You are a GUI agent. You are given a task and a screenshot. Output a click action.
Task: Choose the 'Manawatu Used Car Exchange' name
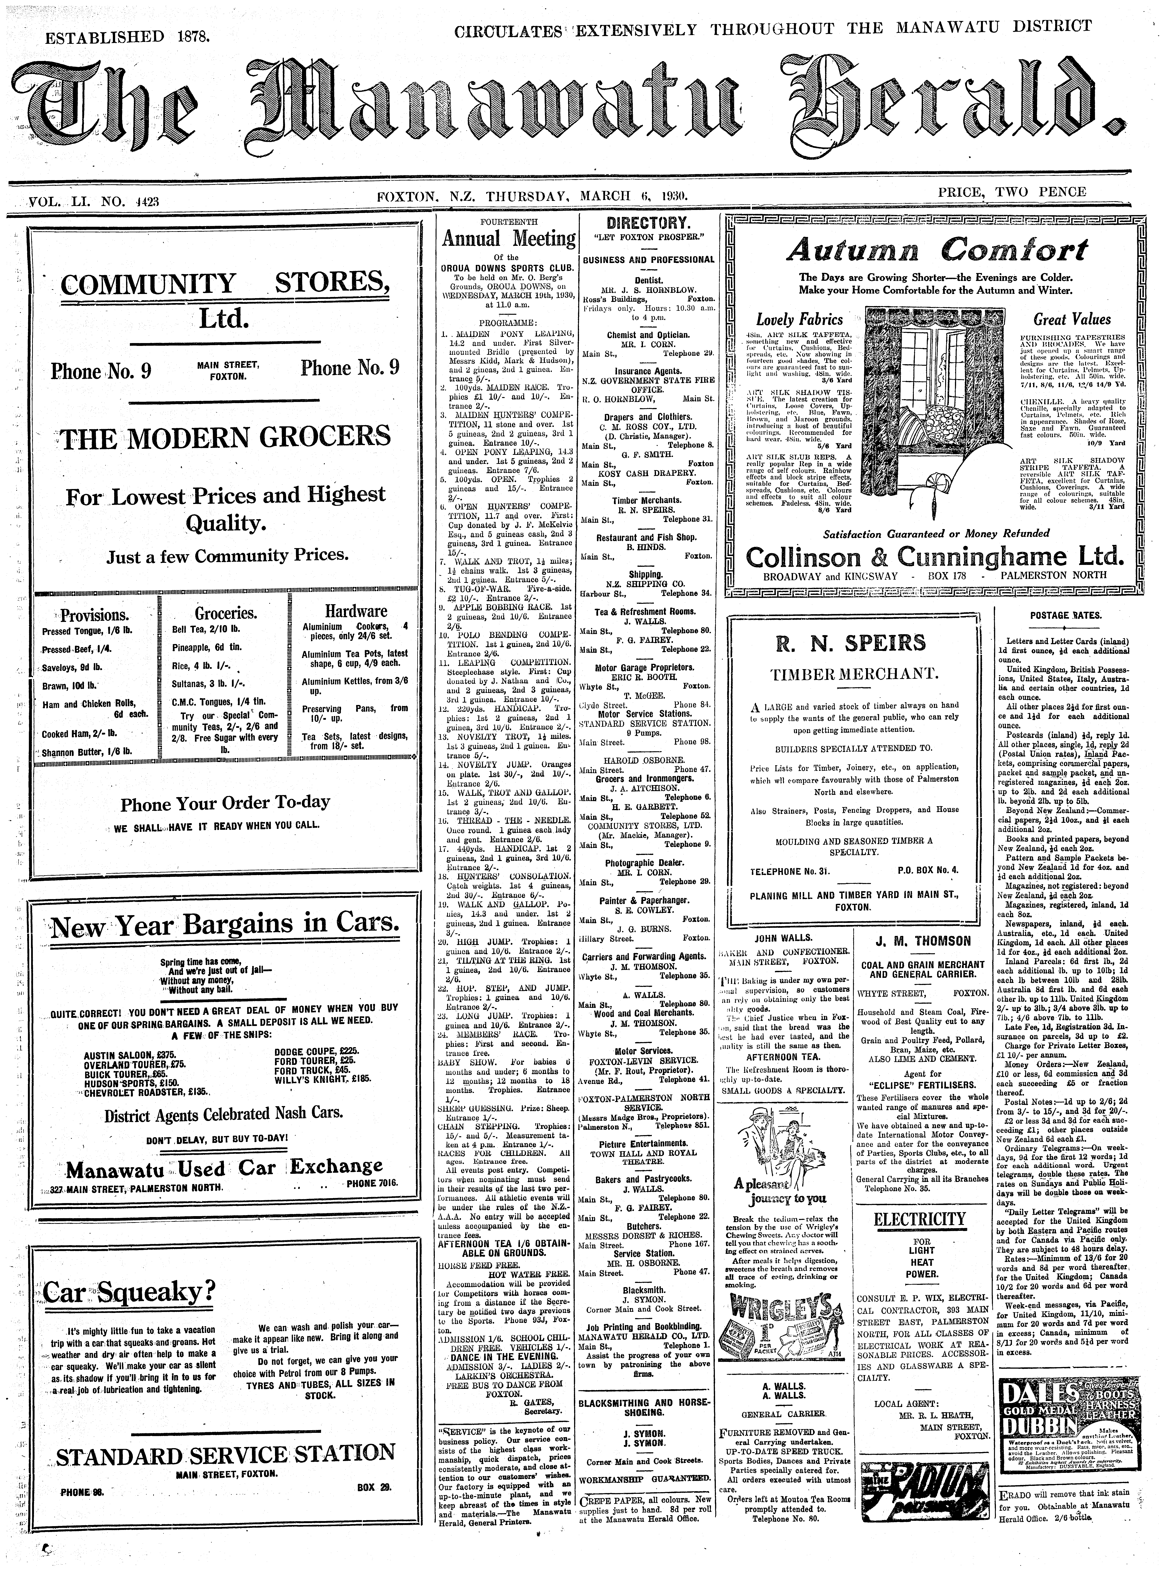click(224, 1168)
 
